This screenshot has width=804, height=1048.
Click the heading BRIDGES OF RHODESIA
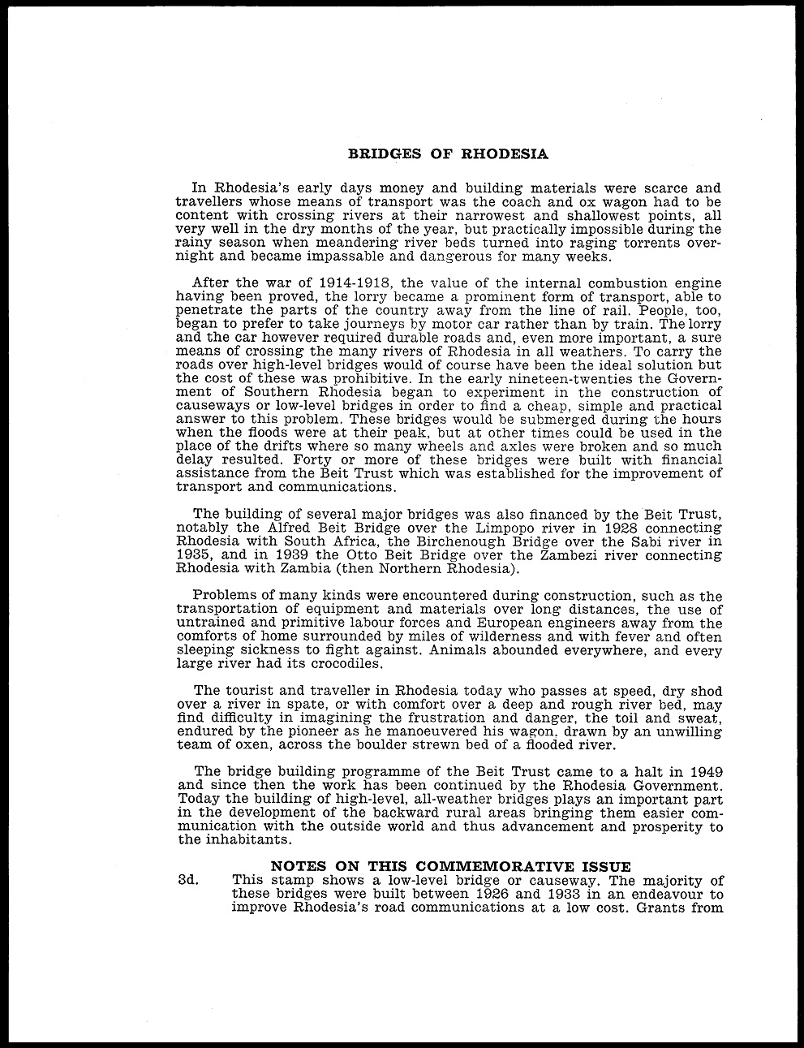coord(448,153)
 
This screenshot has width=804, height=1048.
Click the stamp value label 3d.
coord(188,880)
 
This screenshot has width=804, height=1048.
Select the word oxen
coord(251,744)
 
